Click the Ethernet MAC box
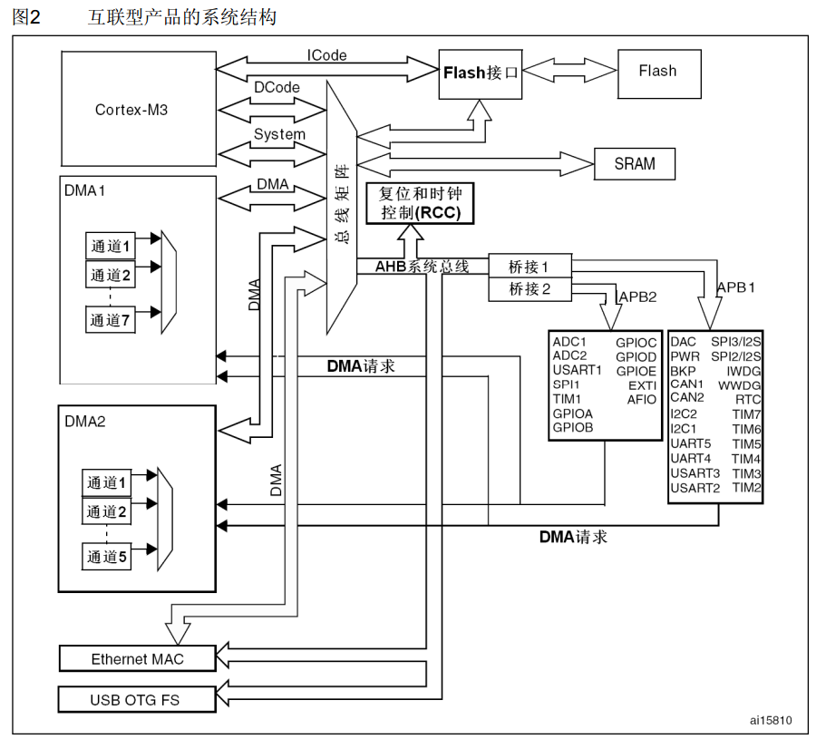(x=137, y=659)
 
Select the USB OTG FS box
(x=137, y=699)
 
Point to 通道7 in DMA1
(x=111, y=319)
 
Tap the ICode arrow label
(x=326, y=56)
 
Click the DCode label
(x=277, y=87)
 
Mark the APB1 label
(x=736, y=287)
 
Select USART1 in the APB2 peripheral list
(x=577, y=370)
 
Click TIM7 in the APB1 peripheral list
(x=746, y=413)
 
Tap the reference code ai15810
(x=771, y=722)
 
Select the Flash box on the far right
(x=657, y=71)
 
